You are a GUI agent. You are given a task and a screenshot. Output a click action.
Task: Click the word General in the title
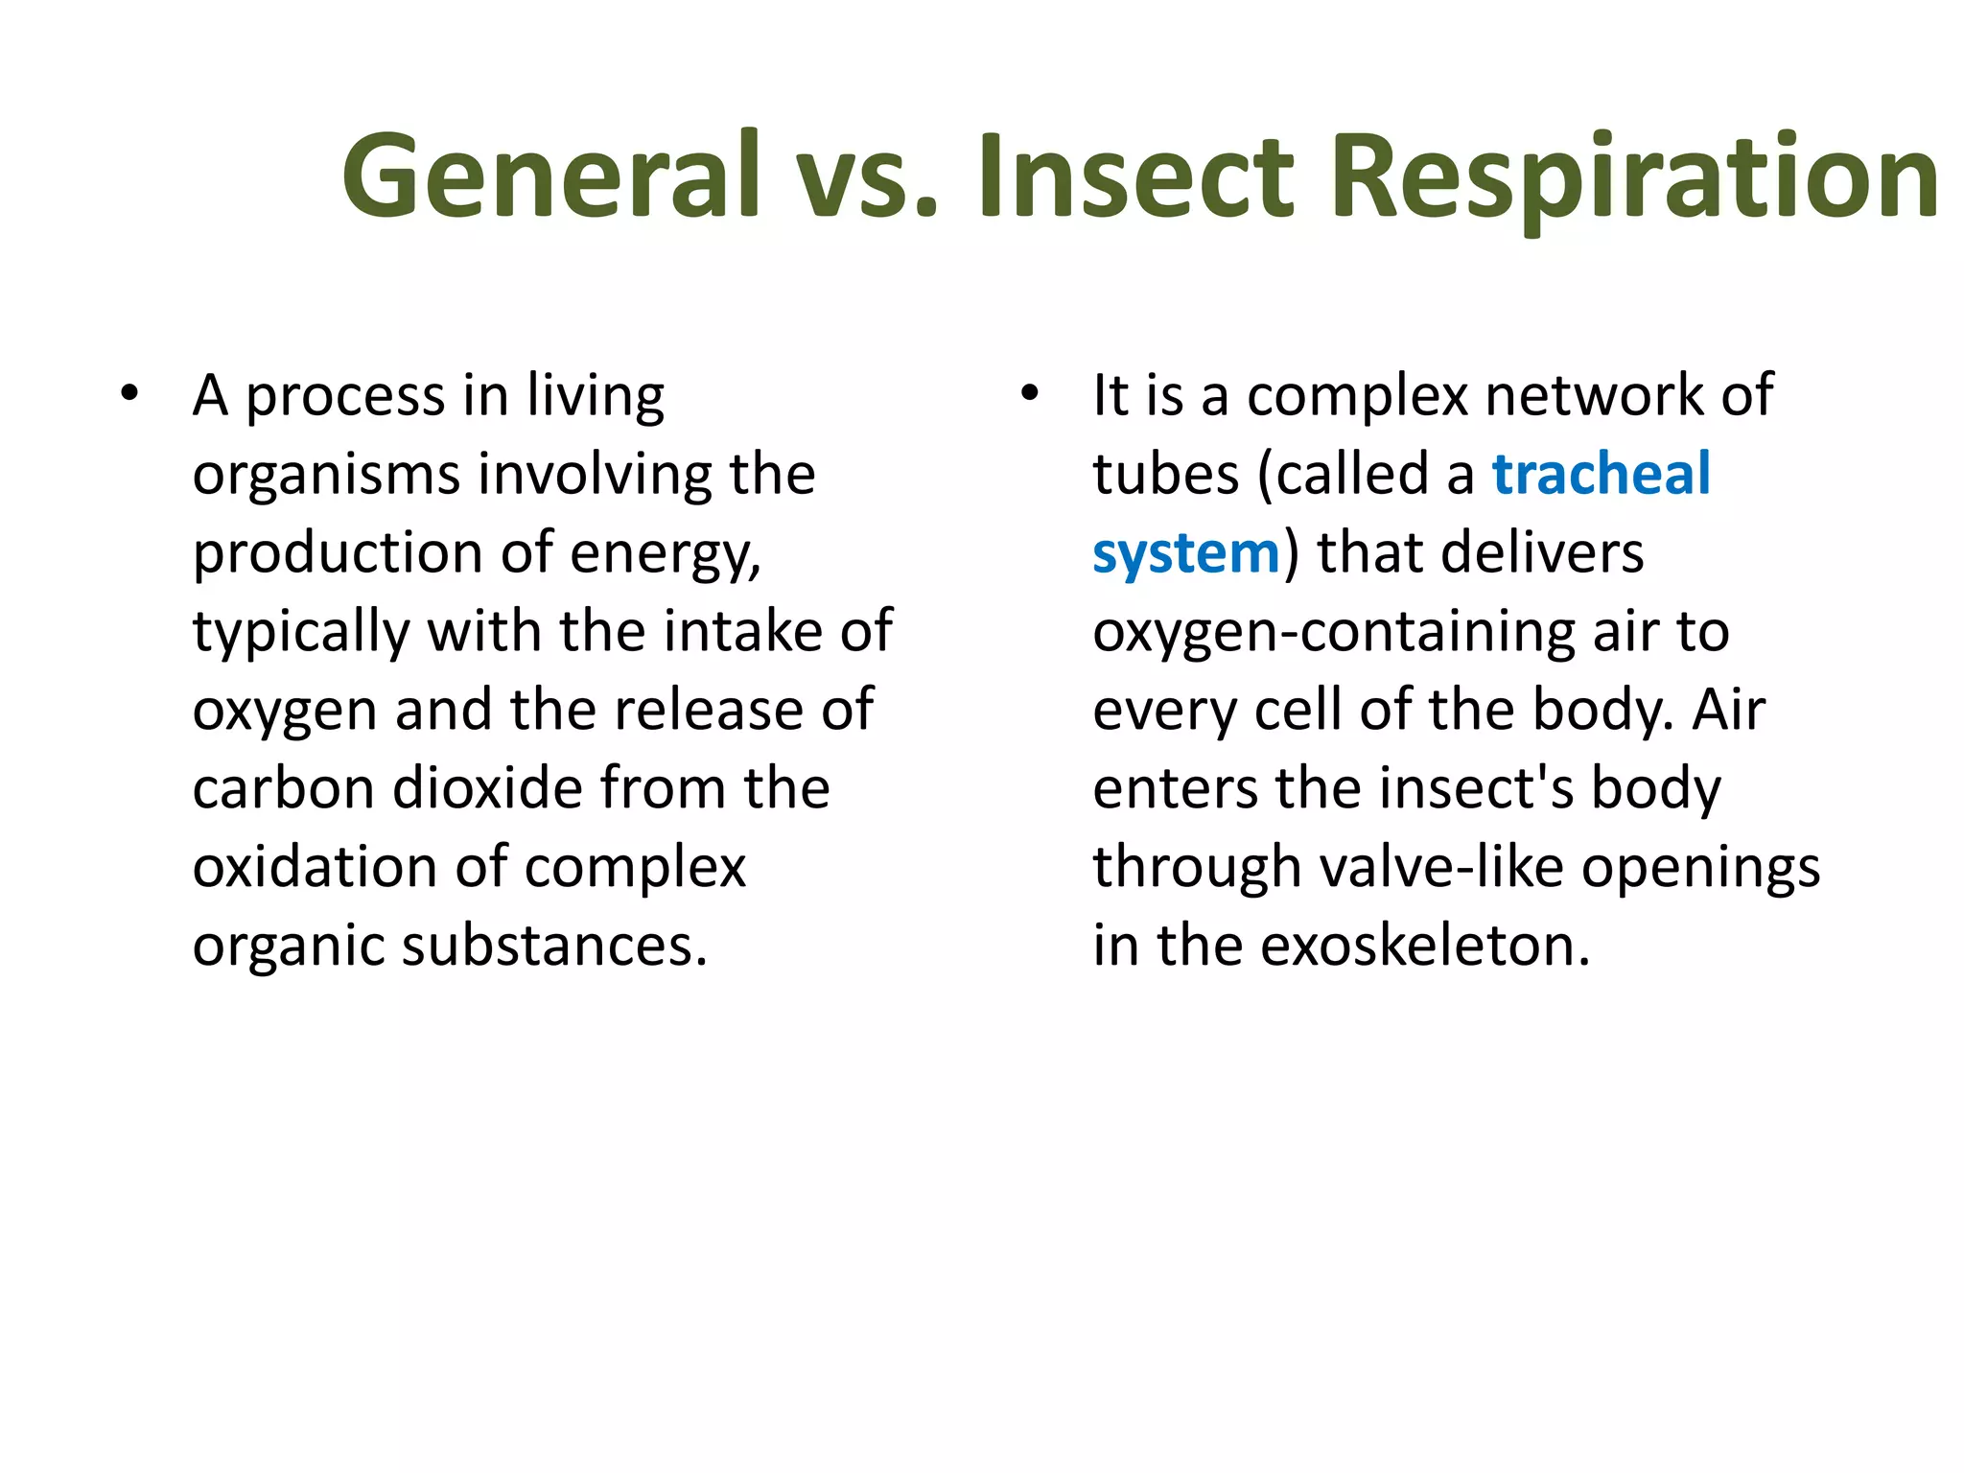coord(551,177)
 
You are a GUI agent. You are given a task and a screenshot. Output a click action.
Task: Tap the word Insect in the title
coord(1134,177)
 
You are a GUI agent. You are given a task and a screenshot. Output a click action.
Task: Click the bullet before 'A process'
coord(129,394)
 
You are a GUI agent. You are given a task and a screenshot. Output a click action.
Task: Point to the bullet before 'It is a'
coord(1029,394)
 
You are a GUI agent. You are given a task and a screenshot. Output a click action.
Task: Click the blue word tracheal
coord(1601,475)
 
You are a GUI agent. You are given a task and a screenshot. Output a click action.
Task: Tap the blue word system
coord(1185,554)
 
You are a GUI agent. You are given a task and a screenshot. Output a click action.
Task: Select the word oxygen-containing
coord(1334,634)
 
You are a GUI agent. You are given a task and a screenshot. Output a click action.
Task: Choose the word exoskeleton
coord(1424,947)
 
